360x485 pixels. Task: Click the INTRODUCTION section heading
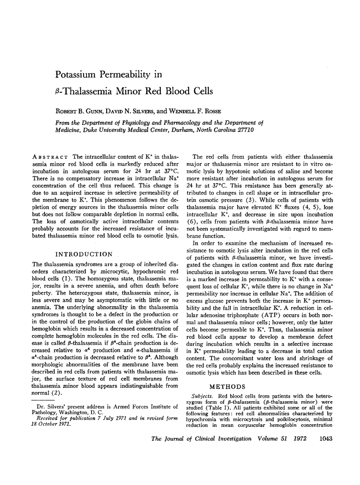tap(84, 254)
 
